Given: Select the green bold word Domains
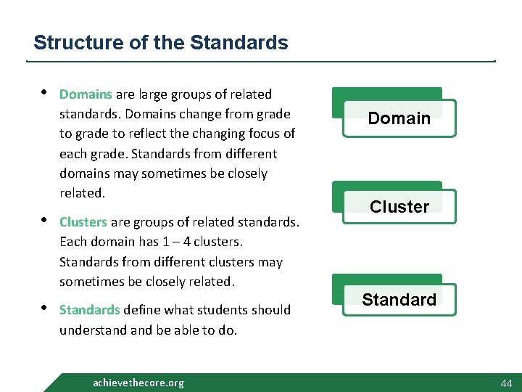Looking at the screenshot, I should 86,94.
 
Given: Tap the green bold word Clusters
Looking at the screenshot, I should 83,222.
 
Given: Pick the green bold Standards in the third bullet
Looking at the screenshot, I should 89,310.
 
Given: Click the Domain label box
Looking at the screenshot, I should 399,118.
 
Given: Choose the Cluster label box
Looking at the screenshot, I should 399,207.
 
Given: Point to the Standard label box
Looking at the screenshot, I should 399,300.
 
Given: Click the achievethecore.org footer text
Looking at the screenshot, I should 138,383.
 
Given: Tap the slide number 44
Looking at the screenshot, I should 505,383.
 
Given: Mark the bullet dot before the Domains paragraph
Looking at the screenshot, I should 44,92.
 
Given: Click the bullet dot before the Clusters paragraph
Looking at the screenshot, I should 44,220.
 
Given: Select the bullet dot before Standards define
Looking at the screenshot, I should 44,308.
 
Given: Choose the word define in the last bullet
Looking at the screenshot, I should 142,310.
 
